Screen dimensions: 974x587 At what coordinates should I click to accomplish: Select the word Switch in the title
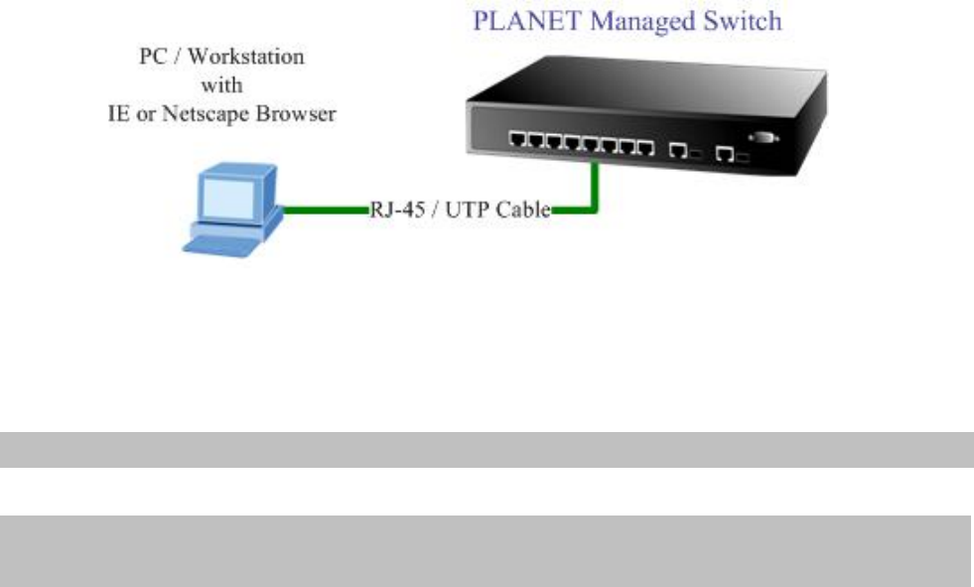click(x=743, y=21)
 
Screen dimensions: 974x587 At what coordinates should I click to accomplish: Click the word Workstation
click(x=246, y=57)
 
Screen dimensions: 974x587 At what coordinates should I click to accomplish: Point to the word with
click(x=221, y=85)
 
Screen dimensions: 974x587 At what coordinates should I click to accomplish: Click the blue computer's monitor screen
click(x=228, y=199)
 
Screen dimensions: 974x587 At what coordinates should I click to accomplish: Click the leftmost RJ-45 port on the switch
click(x=517, y=139)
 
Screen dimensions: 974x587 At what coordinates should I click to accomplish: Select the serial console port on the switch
click(x=764, y=137)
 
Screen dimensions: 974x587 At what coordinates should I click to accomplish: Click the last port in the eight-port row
click(x=645, y=148)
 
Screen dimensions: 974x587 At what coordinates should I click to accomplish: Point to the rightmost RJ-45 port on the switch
click(x=724, y=153)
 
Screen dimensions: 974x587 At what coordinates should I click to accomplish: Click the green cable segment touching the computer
click(x=326, y=210)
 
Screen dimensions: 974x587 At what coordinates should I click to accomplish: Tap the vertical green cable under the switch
click(x=595, y=186)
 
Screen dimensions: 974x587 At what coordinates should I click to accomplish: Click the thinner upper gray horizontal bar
click(x=487, y=450)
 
